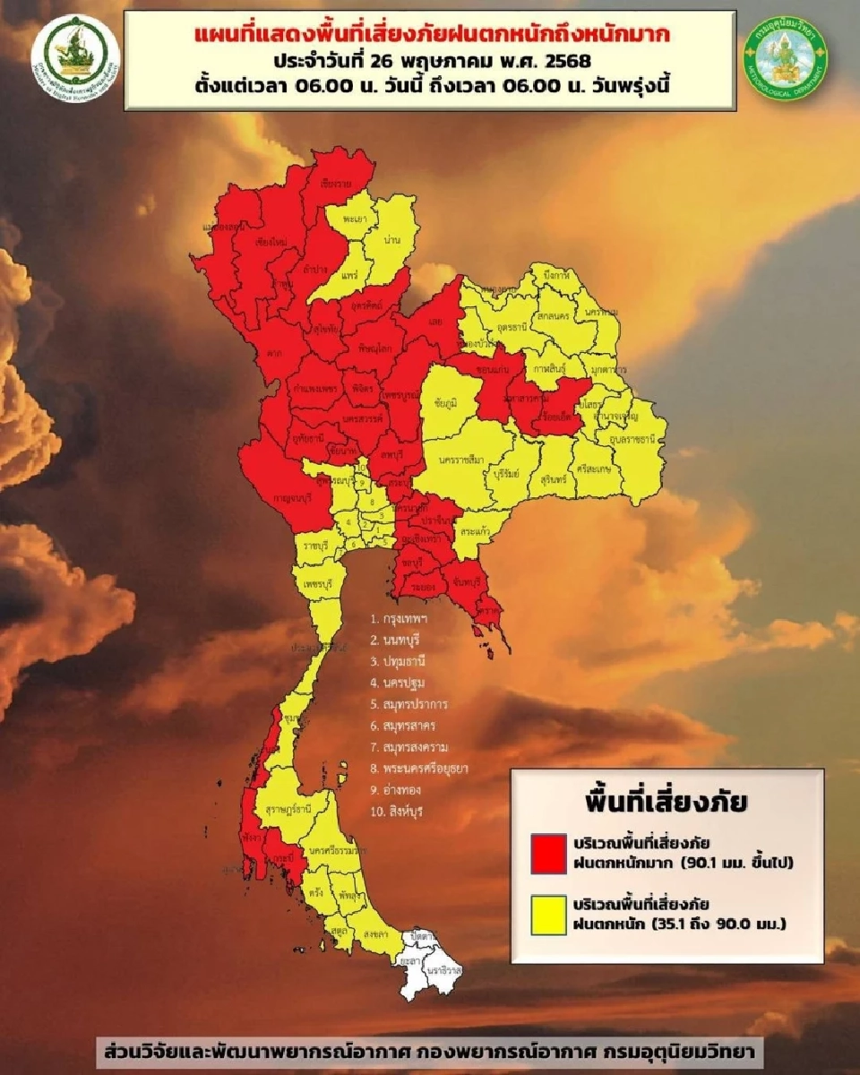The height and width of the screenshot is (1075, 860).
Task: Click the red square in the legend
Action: [548, 854]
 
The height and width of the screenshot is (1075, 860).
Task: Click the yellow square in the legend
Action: [548, 915]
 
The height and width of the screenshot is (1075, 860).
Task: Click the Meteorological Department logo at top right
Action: [787, 59]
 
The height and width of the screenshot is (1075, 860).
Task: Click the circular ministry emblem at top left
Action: [75, 57]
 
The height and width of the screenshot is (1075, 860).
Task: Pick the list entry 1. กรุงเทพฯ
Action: [399, 619]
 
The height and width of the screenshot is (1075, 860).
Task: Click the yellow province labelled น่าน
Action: [387, 240]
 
